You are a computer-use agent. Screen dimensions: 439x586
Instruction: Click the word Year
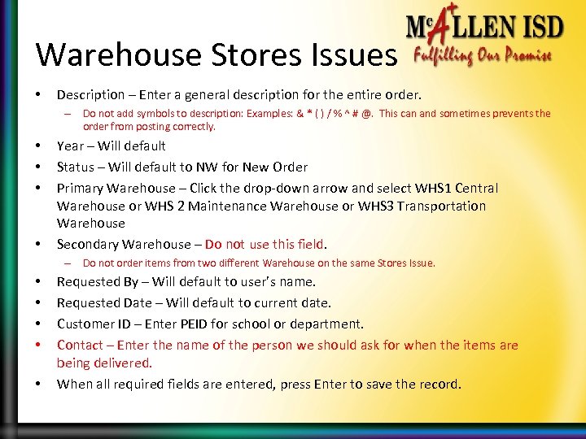[70, 146]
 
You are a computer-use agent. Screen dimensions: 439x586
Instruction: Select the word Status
[74, 167]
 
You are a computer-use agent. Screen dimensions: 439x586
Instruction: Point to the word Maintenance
[227, 206]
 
